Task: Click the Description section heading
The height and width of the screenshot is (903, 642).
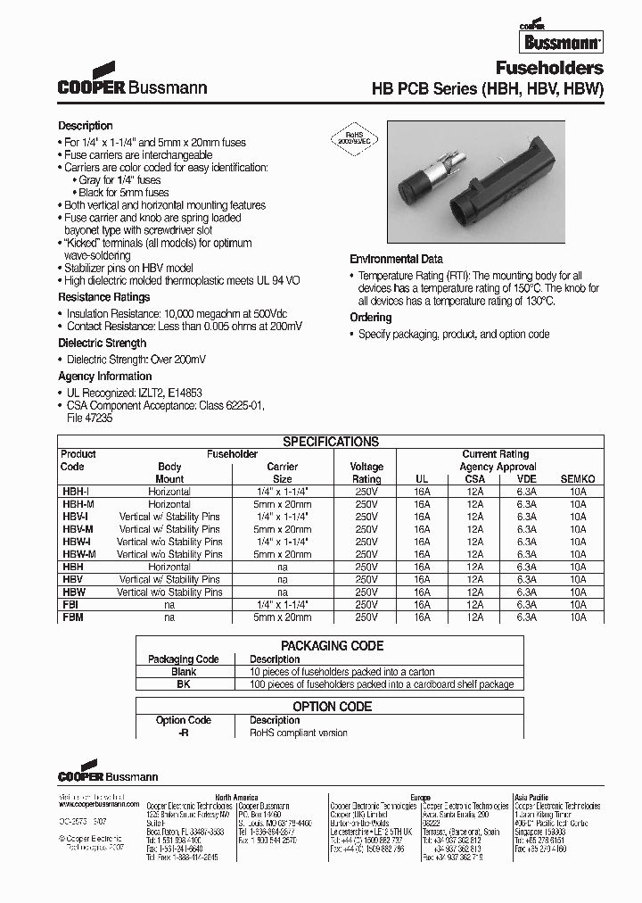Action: (x=86, y=126)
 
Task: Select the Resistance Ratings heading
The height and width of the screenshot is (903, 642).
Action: (x=104, y=297)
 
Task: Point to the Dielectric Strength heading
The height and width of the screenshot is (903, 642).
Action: (x=103, y=344)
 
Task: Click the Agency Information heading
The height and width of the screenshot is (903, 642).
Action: (x=105, y=377)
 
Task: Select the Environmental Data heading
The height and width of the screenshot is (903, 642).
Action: (x=396, y=258)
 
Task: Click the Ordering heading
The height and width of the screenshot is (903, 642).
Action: (x=370, y=318)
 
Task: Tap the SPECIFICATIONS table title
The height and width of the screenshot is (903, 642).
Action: (x=331, y=442)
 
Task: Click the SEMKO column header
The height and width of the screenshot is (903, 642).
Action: (x=577, y=479)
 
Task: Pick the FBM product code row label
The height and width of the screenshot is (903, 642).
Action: (x=72, y=617)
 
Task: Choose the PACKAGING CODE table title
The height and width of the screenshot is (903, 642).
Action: (x=332, y=646)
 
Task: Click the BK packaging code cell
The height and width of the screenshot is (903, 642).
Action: (x=184, y=684)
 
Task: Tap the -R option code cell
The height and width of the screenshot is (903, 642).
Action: (x=184, y=733)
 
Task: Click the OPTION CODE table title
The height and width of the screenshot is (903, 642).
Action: (x=332, y=707)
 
